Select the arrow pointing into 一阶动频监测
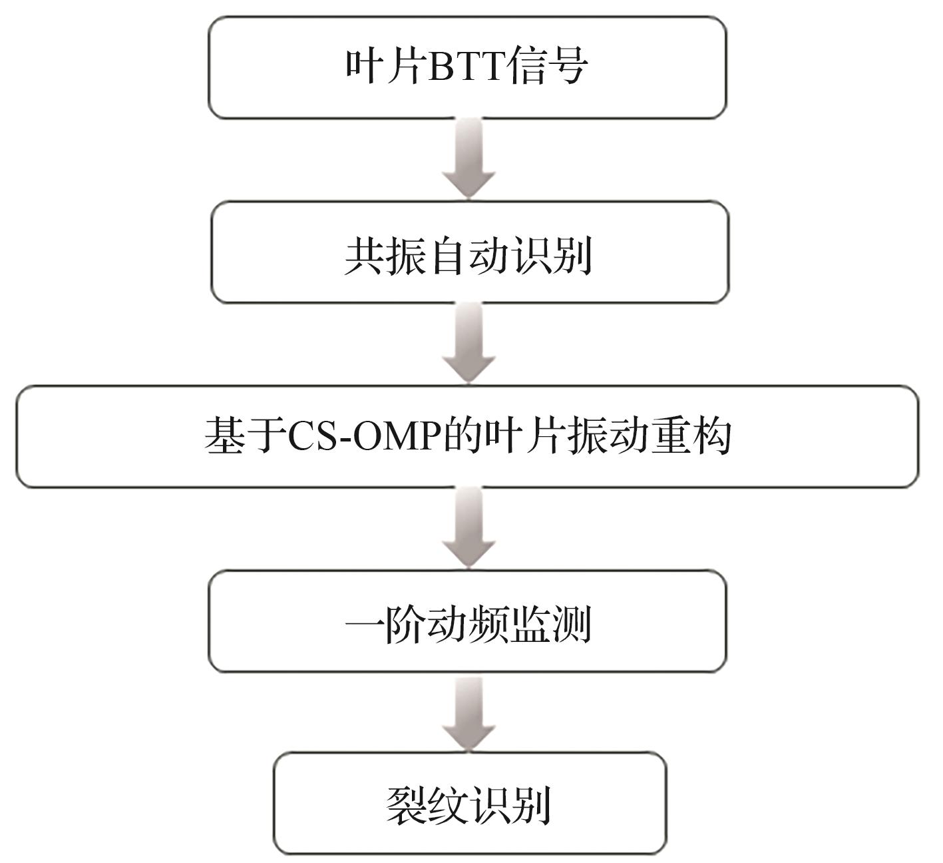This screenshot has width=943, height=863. pyautogui.click(x=469, y=528)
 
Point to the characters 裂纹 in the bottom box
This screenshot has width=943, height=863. pyautogui.click(x=427, y=806)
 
